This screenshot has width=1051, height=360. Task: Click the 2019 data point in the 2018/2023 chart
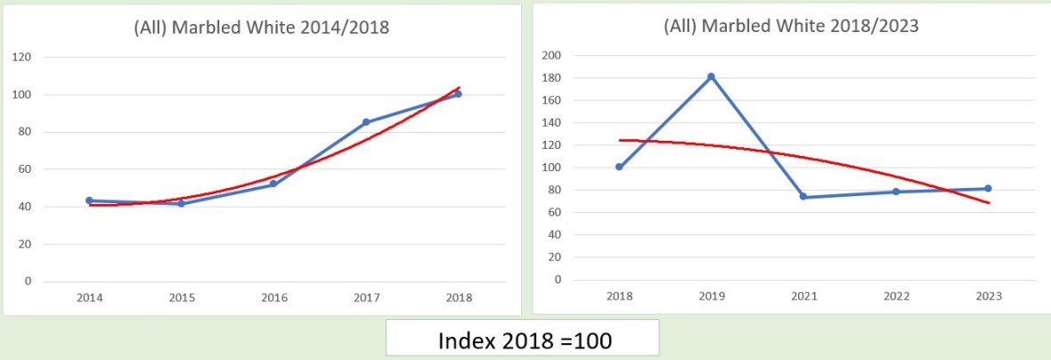711,77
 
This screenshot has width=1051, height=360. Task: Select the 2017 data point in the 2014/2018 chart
366,122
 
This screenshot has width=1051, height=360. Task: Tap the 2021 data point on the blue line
803,197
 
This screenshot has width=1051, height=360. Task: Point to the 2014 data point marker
89,200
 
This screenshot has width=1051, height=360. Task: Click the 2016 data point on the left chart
273,184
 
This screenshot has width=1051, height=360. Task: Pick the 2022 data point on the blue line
896,192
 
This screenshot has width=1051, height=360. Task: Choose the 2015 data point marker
182,204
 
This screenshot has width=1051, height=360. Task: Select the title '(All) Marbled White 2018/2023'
791,26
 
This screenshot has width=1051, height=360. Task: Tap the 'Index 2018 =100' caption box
522,340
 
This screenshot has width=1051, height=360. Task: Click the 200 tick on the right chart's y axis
551,55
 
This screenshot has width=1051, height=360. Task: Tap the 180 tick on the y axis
551,78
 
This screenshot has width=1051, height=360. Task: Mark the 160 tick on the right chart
551,100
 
